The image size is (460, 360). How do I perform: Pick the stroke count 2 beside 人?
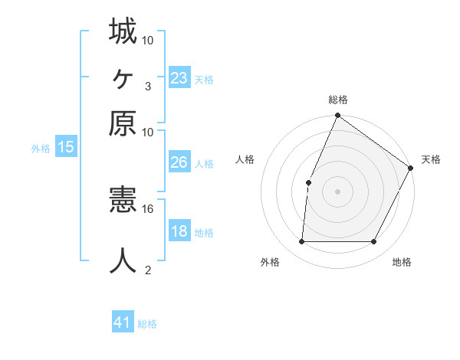147,269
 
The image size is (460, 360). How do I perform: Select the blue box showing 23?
179,78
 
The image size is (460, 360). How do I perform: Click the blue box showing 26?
179,162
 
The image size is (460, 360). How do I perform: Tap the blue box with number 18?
179,231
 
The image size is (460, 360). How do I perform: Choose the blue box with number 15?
66,148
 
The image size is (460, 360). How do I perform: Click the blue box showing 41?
123,322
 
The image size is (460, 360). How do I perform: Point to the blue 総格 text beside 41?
147,324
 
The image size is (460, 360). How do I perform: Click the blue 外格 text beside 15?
41,149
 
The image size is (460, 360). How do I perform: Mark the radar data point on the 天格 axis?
410,169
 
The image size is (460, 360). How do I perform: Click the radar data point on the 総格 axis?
337,116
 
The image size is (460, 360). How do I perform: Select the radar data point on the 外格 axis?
301,241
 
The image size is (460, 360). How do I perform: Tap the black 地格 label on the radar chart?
402,263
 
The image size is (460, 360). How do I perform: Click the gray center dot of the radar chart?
337,191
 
